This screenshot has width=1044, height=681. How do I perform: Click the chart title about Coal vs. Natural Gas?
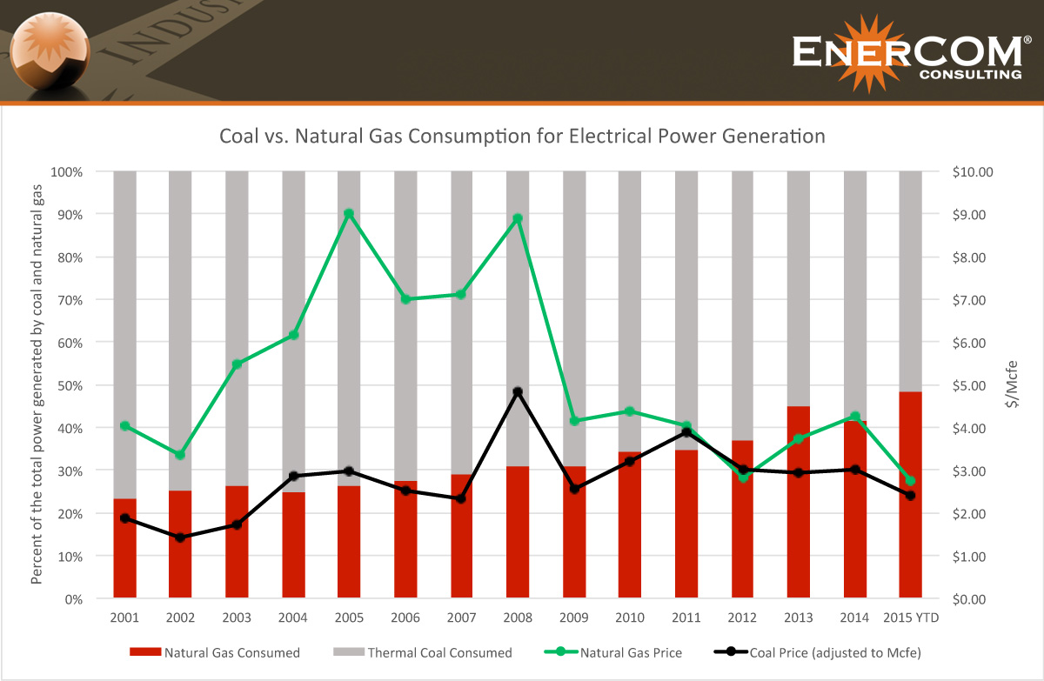click(522, 137)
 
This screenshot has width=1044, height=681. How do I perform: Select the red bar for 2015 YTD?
click(910, 495)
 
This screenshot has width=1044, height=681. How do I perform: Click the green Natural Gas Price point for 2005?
click(349, 214)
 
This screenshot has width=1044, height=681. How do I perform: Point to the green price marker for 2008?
click(518, 218)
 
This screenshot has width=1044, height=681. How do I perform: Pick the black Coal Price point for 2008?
click(518, 392)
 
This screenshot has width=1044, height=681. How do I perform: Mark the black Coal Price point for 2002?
click(180, 537)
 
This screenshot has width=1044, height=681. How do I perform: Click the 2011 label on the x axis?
click(686, 618)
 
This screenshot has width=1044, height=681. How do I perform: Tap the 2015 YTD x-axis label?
click(910, 618)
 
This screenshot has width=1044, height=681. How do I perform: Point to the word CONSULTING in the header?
click(970, 75)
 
